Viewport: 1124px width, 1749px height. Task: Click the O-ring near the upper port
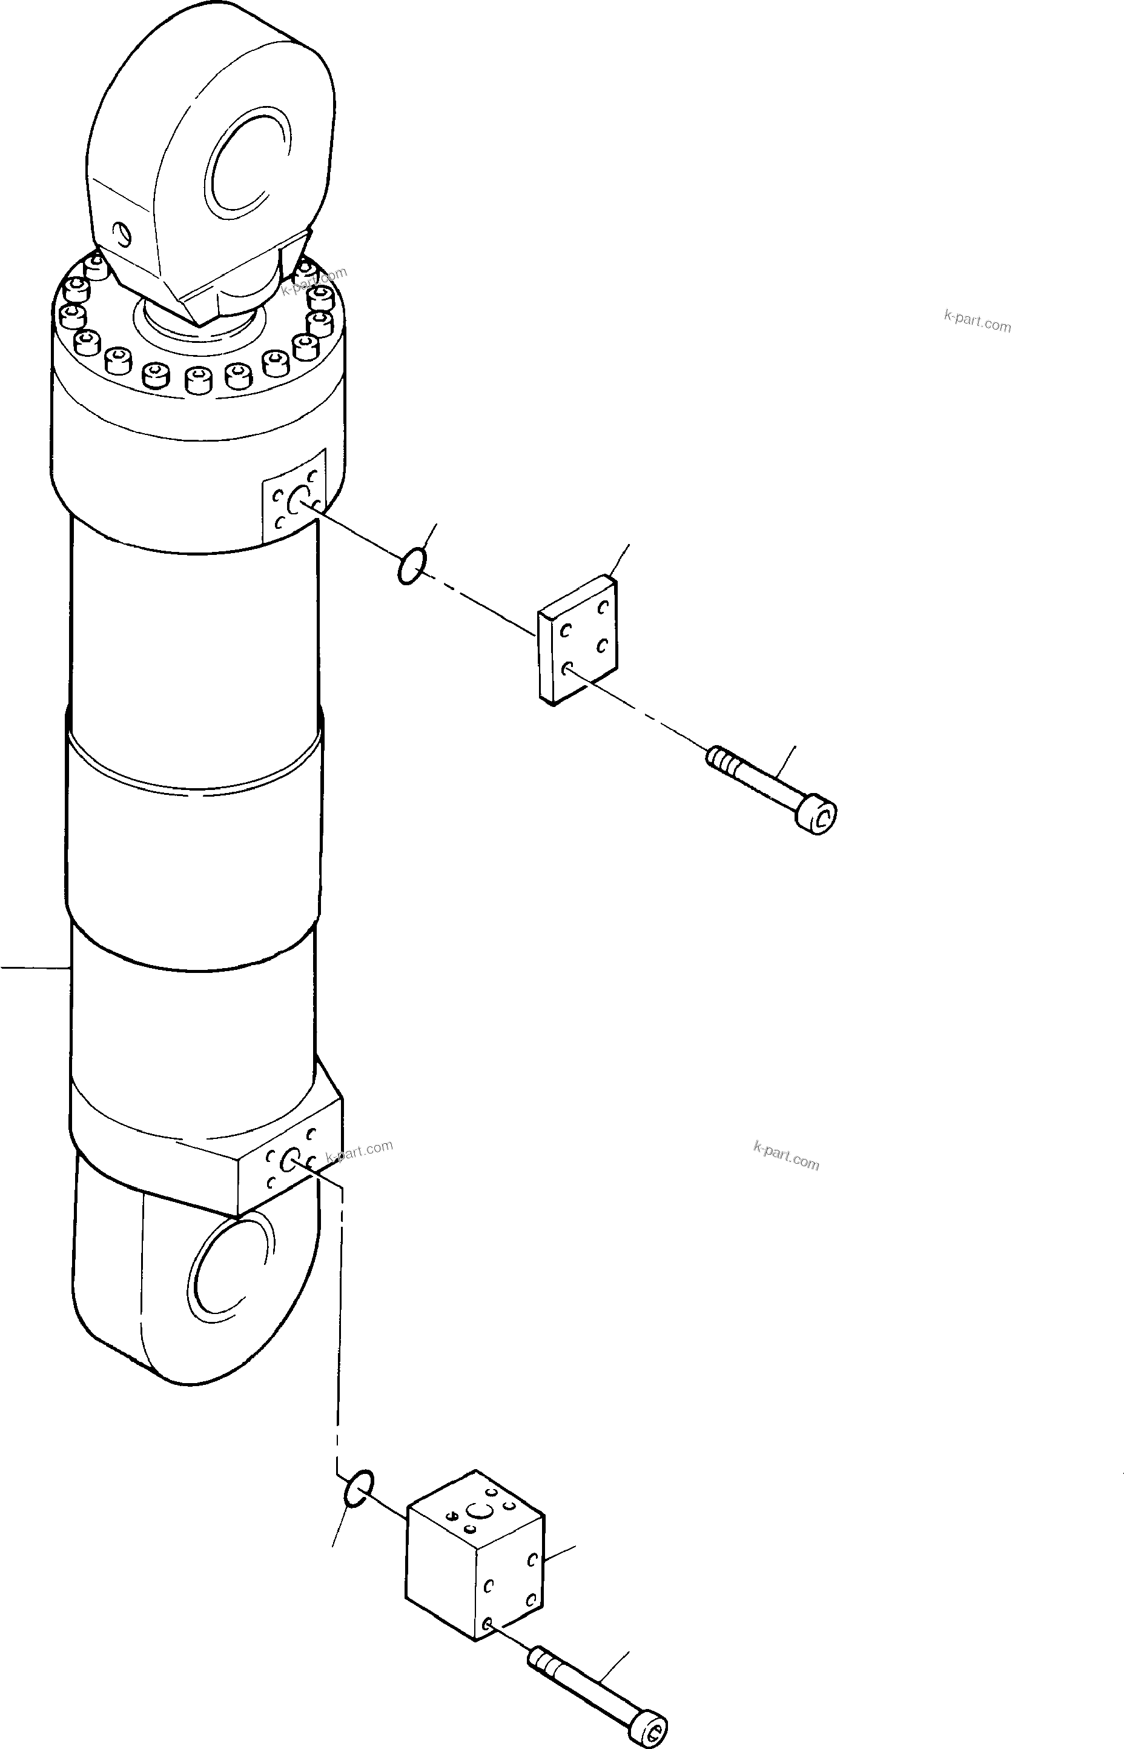click(412, 567)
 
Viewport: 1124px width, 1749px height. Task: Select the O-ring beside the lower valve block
click(359, 1488)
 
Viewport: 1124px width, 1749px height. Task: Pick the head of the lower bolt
click(652, 1728)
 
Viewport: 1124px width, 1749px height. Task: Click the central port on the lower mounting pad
click(289, 1158)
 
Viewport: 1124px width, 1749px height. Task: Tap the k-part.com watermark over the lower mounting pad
click(360, 1151)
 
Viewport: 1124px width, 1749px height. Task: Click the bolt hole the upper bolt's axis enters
click(567, 666)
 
